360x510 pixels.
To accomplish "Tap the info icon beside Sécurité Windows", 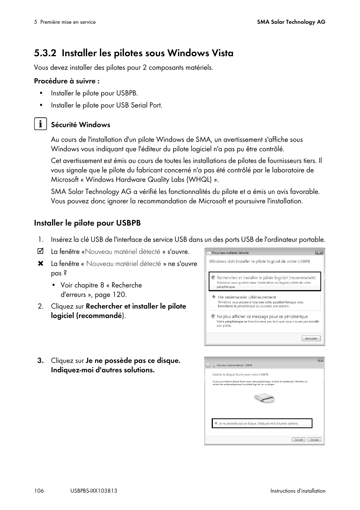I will [40, 124].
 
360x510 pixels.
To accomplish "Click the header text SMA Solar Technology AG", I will [291, 22].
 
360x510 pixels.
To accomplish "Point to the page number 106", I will [39, 491].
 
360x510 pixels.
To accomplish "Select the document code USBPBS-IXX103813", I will [94, 491].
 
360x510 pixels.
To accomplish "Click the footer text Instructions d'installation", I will [297, 491].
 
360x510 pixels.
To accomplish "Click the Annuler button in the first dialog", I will [311, 338].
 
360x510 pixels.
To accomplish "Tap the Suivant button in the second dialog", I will [298, 439].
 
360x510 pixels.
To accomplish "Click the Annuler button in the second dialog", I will [314, 439].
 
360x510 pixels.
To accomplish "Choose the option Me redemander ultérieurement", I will [247, 297].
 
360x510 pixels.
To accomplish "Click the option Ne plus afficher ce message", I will [262, 316].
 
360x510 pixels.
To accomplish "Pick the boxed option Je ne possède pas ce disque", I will [262, 423].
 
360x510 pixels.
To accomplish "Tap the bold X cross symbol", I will [41, 264].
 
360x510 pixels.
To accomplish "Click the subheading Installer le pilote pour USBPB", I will [87, 223].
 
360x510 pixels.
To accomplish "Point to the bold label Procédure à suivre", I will [67, 81].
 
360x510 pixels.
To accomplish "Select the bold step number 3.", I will [41, 361].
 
